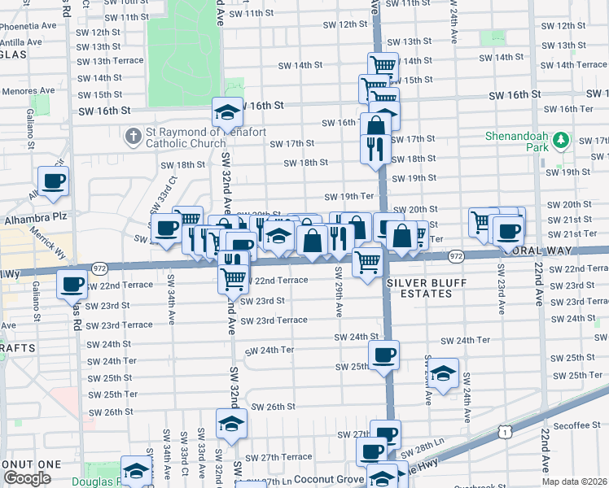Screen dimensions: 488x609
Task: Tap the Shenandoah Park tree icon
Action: [559, 141]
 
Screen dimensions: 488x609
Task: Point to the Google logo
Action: [27, 478]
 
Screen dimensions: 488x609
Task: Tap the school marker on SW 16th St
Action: [227, 112]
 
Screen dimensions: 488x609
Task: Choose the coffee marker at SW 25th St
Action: [383, 354]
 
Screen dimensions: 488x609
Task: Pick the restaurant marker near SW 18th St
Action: [375, 148]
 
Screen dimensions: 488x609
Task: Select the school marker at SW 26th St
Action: [231, 423]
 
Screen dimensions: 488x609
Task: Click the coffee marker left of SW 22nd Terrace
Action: [72, 285]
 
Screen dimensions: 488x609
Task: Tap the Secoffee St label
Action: [579, 425]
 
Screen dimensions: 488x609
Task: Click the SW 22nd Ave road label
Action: [539, 281]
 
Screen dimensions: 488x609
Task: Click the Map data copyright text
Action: [575, 481]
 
